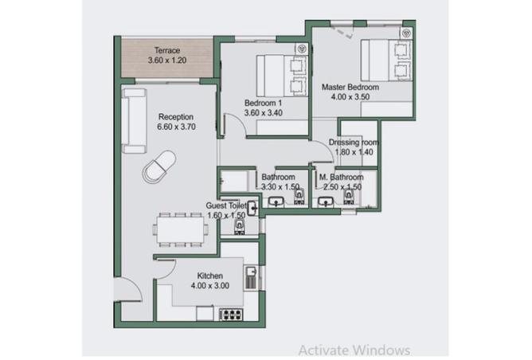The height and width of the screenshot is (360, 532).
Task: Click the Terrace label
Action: tap(167, 50)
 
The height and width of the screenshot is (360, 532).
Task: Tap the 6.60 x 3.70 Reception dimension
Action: tap(176, 127)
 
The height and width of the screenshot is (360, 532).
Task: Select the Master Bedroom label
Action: tap(350, 87)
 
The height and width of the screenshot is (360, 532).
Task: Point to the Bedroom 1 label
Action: tap(264, 103)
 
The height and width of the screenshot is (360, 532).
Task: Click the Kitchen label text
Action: tap(210, 276)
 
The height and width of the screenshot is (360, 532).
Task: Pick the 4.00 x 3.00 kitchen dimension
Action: tap(210, 286)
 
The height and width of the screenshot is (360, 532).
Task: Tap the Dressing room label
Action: tap(354, 142)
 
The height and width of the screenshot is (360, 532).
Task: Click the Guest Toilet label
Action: tap(226, 205)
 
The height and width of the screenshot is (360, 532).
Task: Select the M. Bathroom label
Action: tap(342, 177)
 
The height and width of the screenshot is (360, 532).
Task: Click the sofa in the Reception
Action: tap(135, 121)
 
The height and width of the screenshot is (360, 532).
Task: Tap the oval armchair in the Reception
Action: tap(159, 167)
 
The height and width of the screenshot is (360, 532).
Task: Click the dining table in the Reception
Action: tap(180, 229)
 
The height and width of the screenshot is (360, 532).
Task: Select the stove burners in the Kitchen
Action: tap(232, 314)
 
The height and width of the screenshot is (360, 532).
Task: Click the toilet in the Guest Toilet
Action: tap(240, 227)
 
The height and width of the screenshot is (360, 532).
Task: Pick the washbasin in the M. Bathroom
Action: tap(326, 202)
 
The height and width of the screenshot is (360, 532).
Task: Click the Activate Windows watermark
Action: tap(354, 350)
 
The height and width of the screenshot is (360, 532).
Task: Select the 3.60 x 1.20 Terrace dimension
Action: tap(167, 61)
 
